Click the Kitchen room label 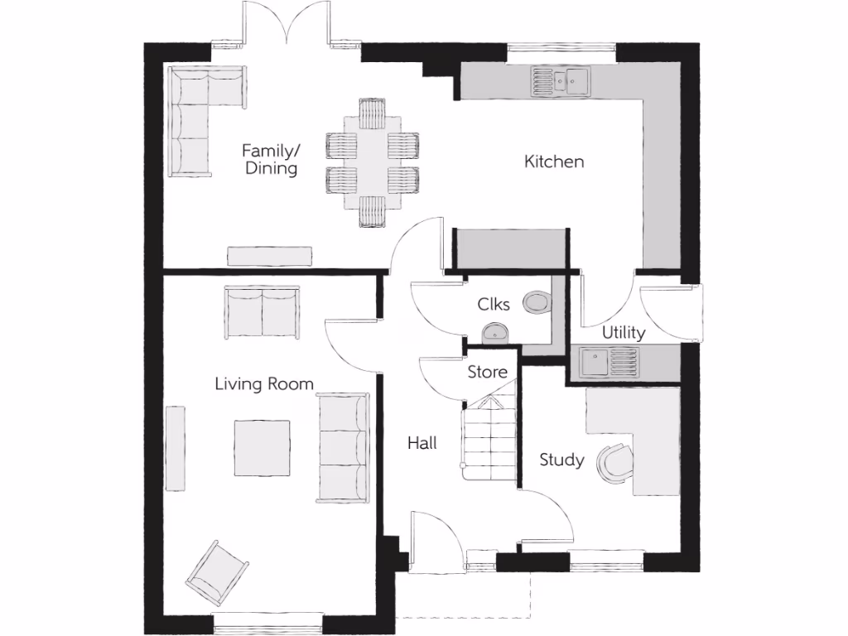click(554, 161)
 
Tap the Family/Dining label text click(270, 159)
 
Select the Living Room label click(264, 383)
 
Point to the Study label click(561, 460)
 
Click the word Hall click(422, 443)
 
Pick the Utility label click(624, 333)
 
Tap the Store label click(488, 372)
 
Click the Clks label click(494, 304)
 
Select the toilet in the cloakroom click(536, 302)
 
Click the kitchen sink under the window click(561, 80)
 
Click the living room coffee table click(262, 448)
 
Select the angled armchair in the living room click(216, 572)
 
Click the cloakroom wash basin click(496, 333)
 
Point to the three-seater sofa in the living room click(343, 448)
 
